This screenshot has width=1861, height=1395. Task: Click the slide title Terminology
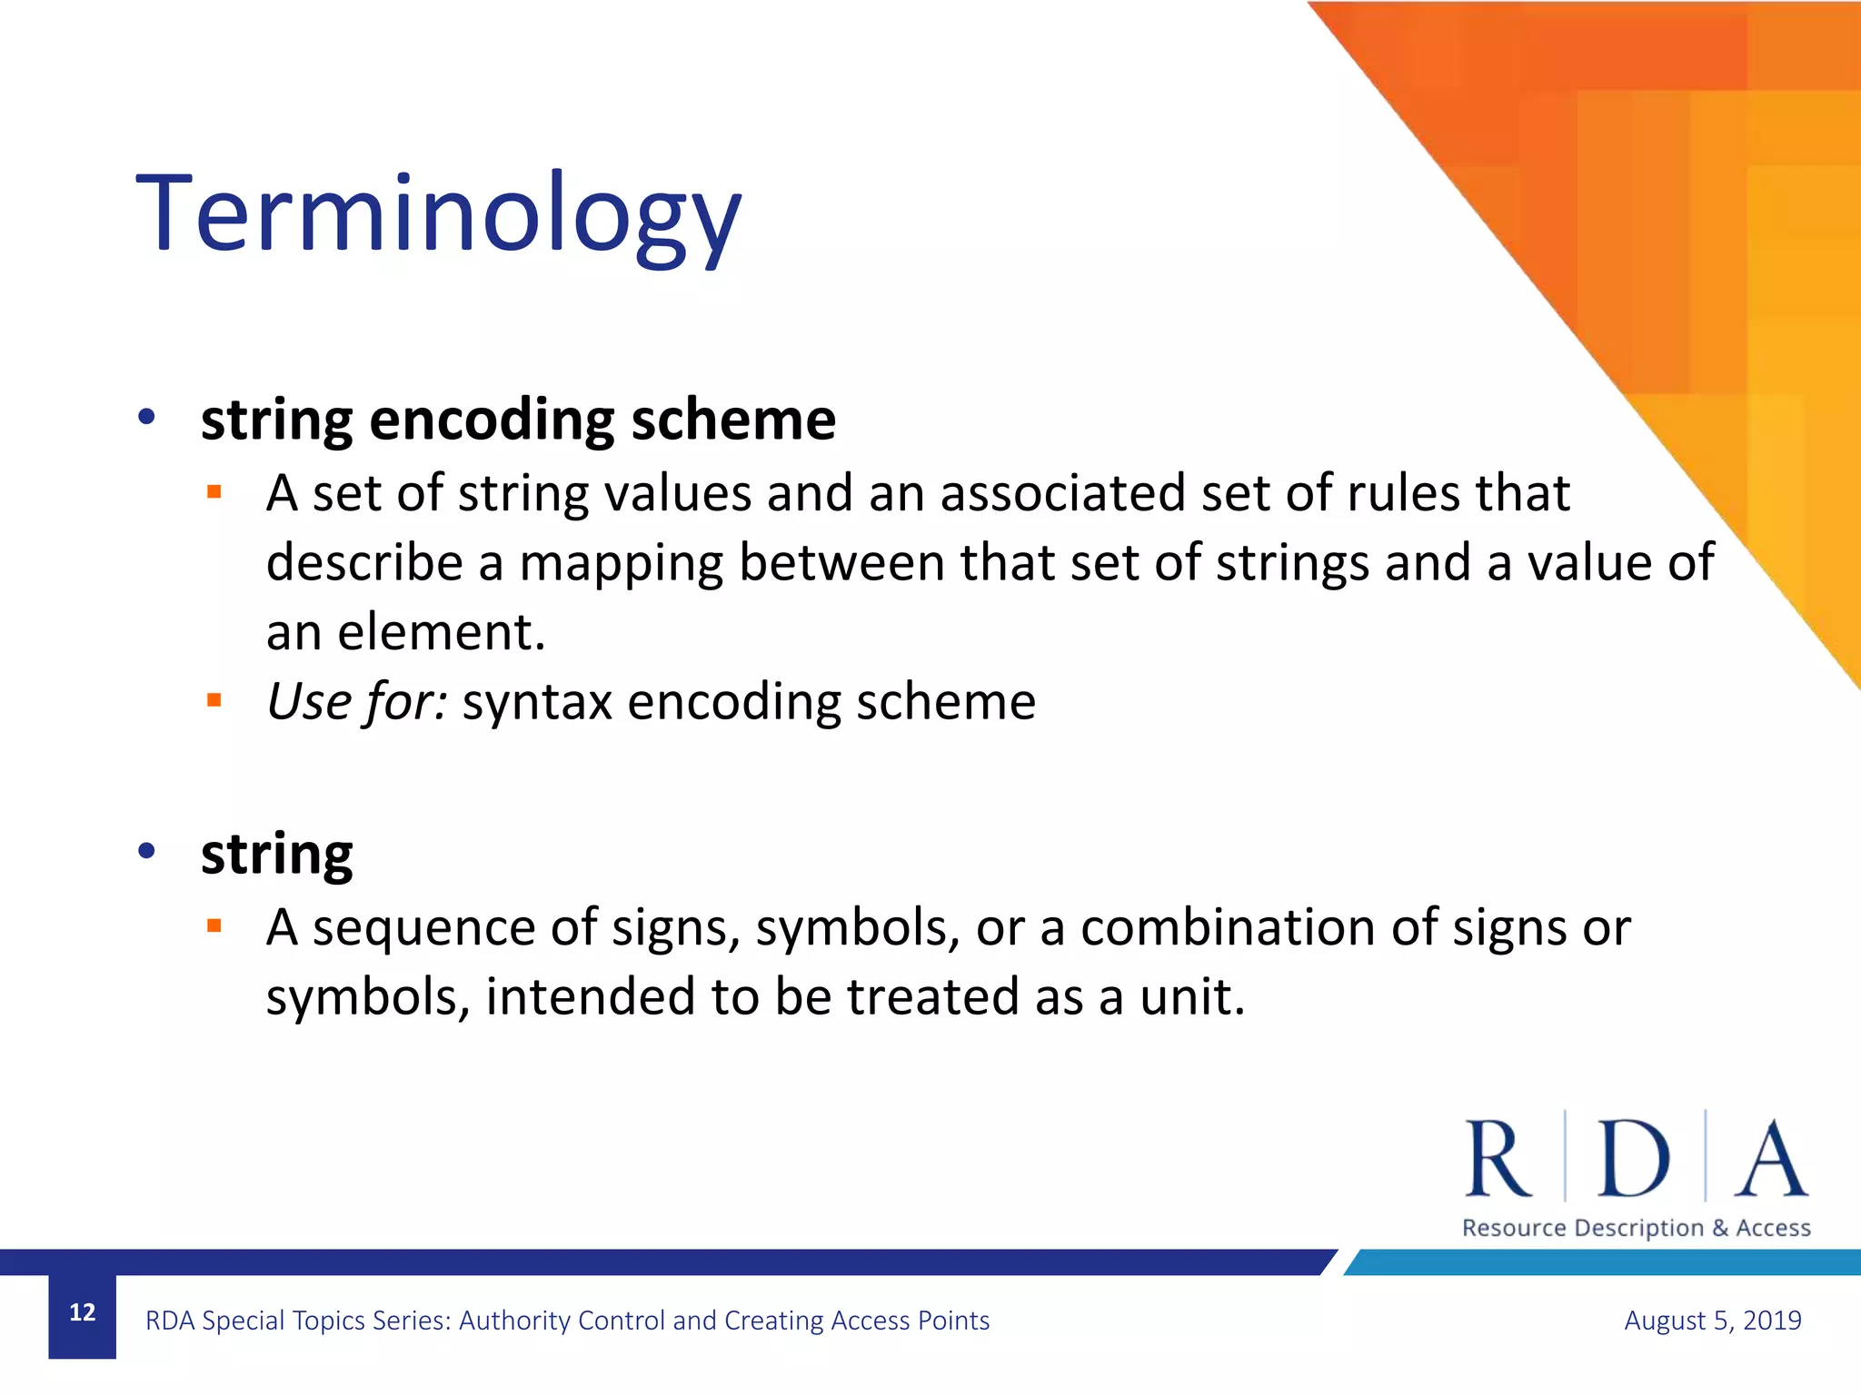[x=438, y=214]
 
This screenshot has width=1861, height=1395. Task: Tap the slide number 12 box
[x=83, y=1313]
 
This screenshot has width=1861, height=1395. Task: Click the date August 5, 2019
[x=1712, y=1320]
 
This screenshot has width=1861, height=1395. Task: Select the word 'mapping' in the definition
[x=621, y=562]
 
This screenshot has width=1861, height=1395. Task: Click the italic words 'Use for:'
[x=356, y=702]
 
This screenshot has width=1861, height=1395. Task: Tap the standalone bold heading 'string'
[x=276, y=855]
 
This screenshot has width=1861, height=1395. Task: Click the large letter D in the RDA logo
[x=1633, y=1160]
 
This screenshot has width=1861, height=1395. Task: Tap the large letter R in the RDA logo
[x=1498, y=1160]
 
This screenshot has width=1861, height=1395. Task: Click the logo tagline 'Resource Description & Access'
[x=1636, y=1228]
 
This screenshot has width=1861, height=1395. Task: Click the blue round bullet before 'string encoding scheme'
[x=146, y=418]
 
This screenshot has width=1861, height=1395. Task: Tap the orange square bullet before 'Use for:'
[x=214, y=699]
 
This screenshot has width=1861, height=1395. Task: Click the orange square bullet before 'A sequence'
[x=214, y=925]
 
